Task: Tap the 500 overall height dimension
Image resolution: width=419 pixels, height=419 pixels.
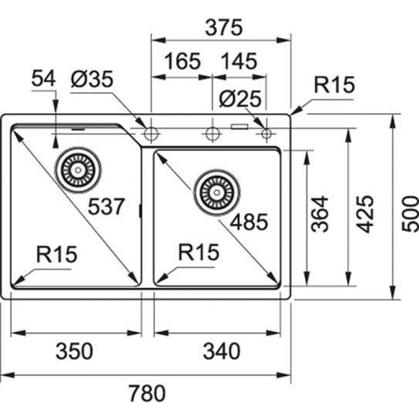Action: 410,213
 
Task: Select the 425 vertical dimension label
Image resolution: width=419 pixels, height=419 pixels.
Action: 366,213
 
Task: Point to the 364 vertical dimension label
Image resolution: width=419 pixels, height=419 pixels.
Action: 319,213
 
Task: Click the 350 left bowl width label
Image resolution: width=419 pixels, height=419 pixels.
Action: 74,350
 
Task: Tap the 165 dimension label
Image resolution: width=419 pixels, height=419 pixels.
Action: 183,62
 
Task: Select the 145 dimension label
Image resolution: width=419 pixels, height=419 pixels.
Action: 239,62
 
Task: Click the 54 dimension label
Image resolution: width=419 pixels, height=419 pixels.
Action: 43,79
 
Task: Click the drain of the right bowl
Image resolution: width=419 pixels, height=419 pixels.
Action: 216,191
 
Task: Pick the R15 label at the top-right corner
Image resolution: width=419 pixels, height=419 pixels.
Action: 335,85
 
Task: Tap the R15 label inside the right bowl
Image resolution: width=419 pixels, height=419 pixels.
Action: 198,253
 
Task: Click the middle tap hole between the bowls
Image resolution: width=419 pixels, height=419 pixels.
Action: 212,134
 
